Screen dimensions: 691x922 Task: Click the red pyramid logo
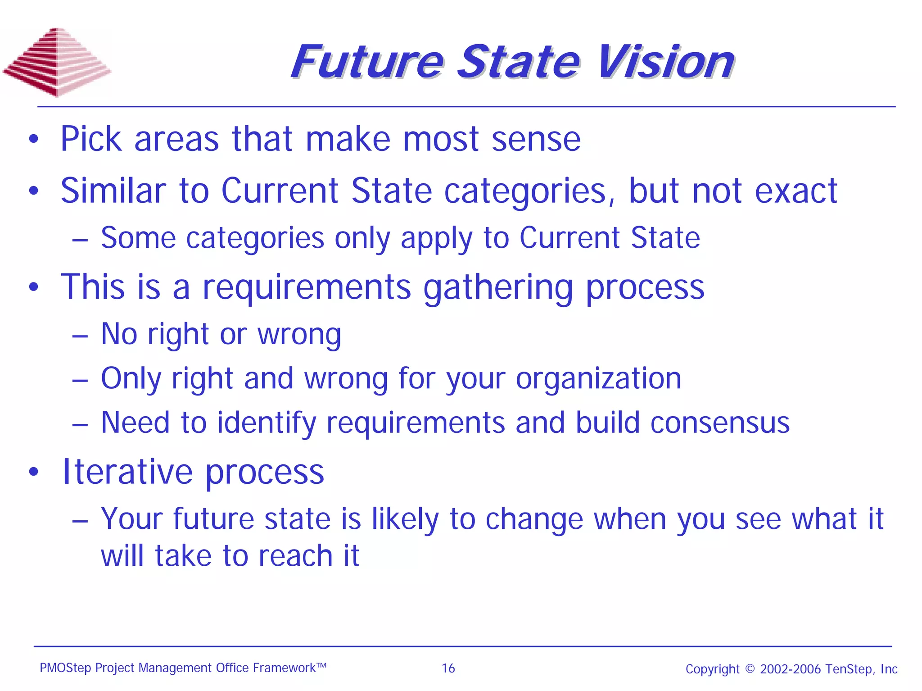click(x=57, y=62)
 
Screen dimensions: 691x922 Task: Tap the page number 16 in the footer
click(x=448, y=668)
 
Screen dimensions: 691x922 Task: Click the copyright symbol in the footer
click(x=750, y=668)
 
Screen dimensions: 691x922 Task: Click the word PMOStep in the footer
click(x=65, y=668)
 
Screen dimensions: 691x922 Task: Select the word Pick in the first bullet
click(x=91, y=139)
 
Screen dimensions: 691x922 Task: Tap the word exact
click(x=795, y=191)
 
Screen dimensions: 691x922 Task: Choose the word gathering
click(x=498, y=287)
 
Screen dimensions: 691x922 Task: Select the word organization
click(x=598, y=378)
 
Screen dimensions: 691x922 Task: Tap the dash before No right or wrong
click(x=80, y=335)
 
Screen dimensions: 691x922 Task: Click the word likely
click(x=405, y=519)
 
